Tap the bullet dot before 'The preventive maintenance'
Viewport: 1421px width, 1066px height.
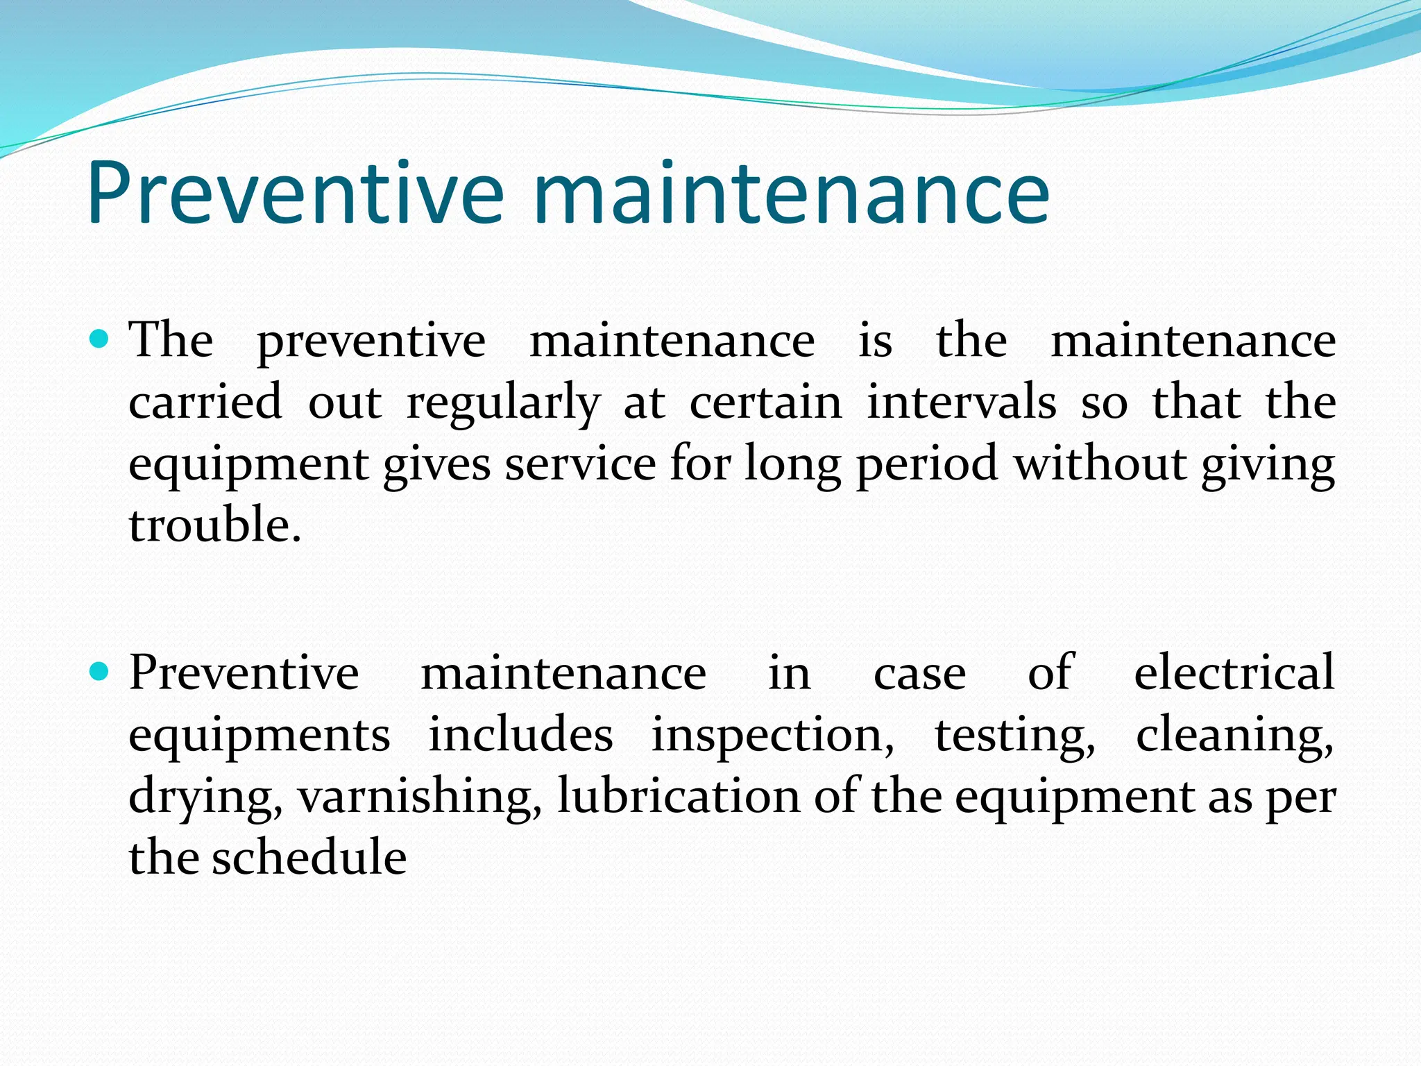click(100, 340)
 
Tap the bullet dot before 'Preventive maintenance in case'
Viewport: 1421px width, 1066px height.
click(100, 672)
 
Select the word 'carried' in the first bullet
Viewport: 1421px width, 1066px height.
click(205, 403)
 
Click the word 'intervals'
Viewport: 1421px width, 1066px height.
click(962, 403)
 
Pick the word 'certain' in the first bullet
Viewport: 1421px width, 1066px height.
click(765, 403)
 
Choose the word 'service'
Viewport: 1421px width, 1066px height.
click(580, 464)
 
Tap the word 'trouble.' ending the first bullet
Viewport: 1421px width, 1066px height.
click(215, 525)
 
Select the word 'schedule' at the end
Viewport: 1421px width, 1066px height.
click(309, 858)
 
